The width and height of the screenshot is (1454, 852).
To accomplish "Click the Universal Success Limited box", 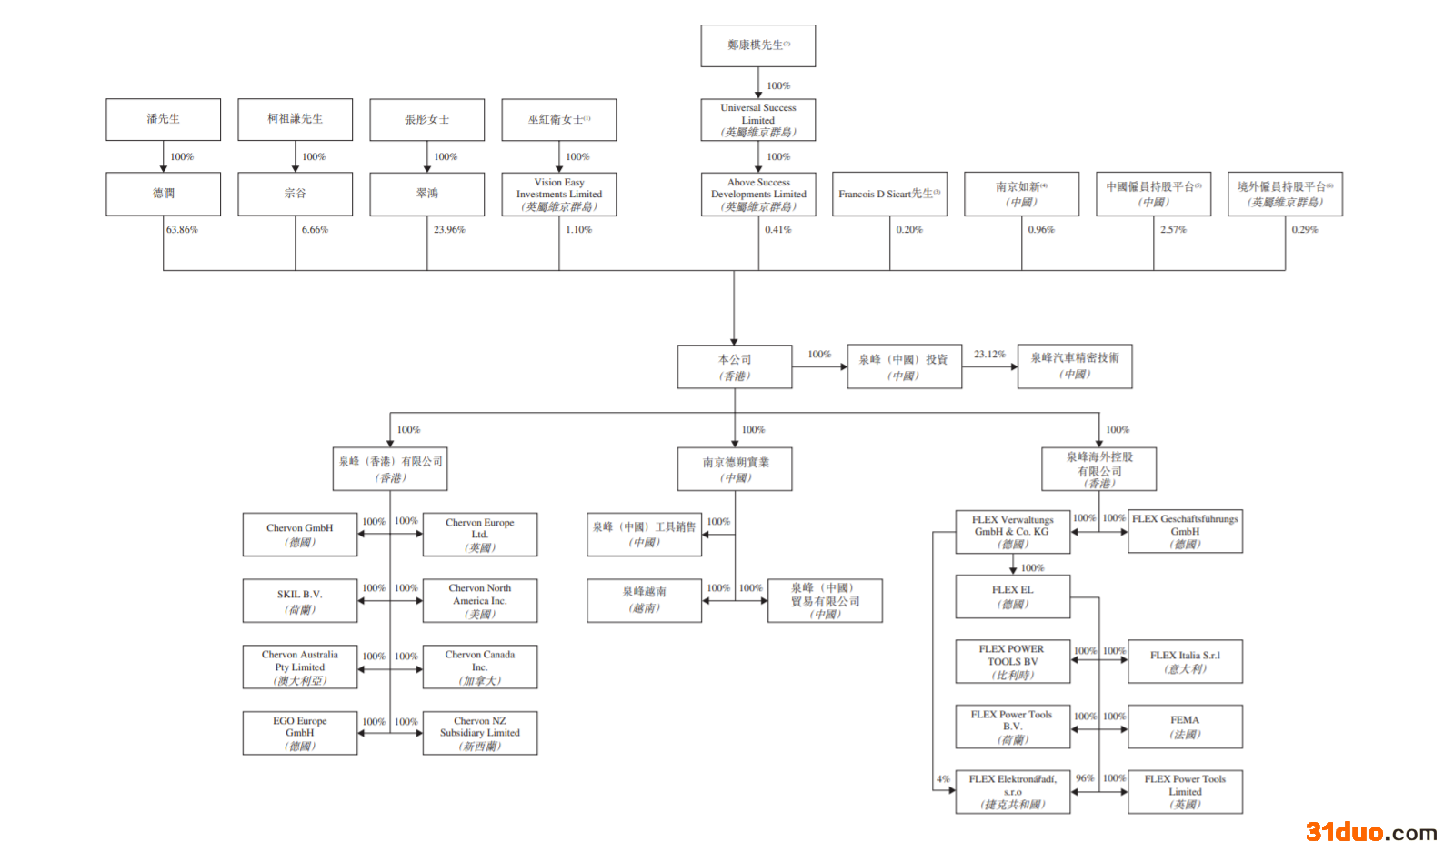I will (757, 119).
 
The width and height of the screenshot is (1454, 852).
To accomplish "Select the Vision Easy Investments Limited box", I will (558, 195).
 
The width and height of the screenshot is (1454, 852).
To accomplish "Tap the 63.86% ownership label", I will (182, 230).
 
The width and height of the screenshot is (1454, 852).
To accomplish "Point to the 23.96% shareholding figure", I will (449, 230).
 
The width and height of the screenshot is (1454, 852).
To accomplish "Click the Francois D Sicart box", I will (889, 195).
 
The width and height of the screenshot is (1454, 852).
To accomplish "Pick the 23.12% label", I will (989, 355).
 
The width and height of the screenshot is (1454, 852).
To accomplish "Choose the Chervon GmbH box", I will (299, 535).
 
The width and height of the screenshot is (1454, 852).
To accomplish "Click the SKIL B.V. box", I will (299, 601).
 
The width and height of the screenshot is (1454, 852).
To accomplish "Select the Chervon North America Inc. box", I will (479, 601).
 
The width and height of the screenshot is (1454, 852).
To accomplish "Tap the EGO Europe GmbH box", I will (299, 733).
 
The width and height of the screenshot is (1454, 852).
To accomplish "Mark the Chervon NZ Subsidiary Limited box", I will (479, 733).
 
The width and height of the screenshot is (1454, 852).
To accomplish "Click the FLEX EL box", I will (1012, 596).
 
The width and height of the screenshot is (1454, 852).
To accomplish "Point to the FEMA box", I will (1185, 727).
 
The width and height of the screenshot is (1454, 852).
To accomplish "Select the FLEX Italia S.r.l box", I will (1185, 662).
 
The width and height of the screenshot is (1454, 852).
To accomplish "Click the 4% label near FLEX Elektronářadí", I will (943, 779).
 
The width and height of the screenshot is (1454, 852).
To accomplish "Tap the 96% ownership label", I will (1084, 778).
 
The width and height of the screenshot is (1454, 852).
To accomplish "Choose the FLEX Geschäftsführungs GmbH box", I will (1185, 531).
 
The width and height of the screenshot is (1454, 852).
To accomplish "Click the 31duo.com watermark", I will (1370, 832).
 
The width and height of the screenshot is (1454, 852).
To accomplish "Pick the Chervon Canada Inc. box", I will (479, 667).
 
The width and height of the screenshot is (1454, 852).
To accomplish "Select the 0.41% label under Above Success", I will (777, 230).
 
